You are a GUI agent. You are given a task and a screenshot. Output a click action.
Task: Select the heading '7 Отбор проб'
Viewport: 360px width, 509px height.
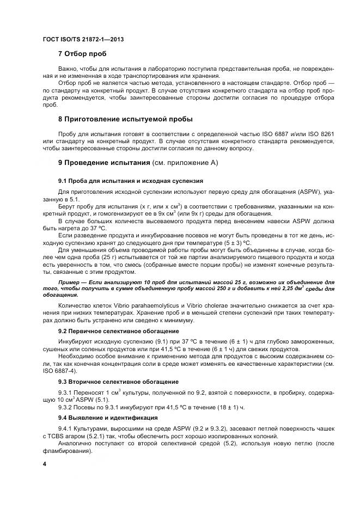82,54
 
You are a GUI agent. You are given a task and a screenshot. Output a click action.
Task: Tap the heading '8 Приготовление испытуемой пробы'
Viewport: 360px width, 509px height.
125,119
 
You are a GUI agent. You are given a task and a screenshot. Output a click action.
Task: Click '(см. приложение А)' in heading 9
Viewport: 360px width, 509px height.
185,162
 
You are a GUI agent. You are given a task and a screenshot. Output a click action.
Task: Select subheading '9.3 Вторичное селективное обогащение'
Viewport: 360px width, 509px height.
118,382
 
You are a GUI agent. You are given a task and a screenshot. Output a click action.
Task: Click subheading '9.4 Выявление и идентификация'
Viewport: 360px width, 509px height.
107,418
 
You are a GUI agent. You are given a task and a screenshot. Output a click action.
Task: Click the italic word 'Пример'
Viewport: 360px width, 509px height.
71,283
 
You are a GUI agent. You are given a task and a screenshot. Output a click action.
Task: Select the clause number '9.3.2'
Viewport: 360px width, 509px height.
66,407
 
